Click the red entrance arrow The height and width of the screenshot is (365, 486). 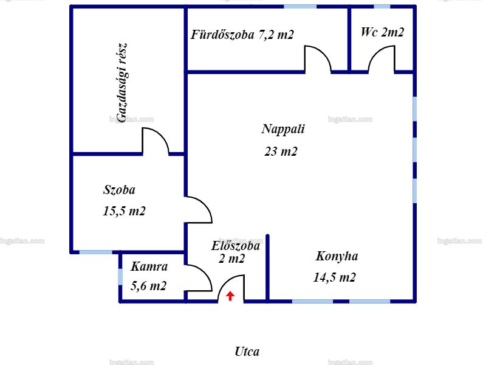[230, 296]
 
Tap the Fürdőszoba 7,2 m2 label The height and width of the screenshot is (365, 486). [242, 35]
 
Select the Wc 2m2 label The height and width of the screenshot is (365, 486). [383, 32]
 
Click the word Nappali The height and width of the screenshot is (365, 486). [283, 129]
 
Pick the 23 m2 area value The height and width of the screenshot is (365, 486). [281, 151]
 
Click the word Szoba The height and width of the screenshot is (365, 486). [119, 190]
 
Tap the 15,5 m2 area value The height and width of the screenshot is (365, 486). [124, 211]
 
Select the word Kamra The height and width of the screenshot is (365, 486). [149, 266]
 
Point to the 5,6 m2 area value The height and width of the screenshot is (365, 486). [148, 286]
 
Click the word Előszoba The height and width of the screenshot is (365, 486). [236, 246]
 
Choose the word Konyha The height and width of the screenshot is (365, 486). [337, 256]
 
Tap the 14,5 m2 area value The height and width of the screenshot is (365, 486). [335, 277]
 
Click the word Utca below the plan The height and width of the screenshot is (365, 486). [247, 352]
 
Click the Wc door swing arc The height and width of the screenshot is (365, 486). [375, 53]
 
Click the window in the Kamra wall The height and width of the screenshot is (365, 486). [120, 277]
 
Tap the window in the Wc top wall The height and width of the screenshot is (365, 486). [382, 7]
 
